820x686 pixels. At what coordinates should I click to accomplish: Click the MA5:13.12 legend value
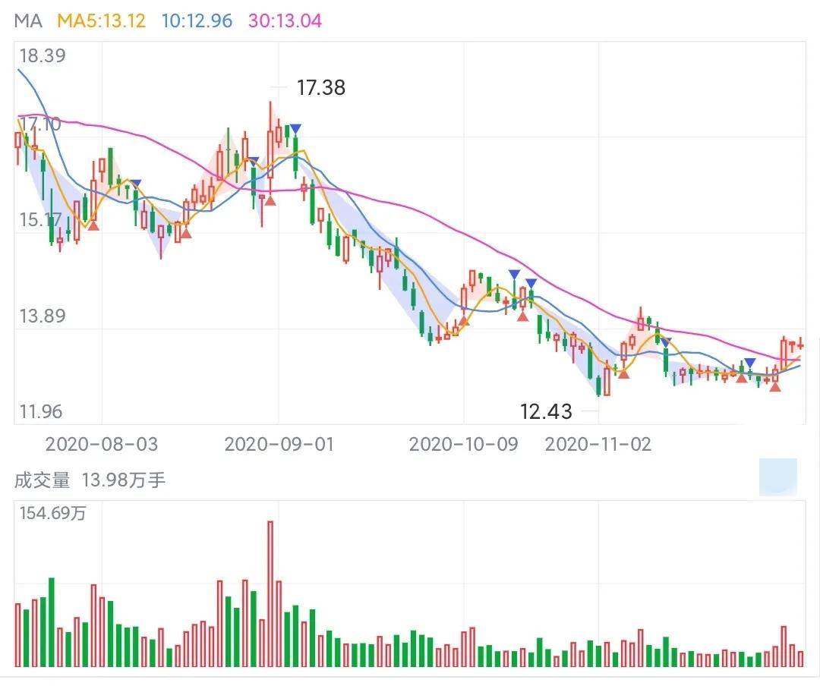(101, 21)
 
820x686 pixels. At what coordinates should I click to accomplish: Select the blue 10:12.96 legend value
(197, 21)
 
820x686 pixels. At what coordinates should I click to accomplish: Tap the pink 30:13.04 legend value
(285, 21)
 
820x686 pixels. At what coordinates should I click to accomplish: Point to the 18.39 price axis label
(43, 55)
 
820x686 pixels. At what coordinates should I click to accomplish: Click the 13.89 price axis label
(43, 316)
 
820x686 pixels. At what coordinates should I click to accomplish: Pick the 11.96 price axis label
(41, 411)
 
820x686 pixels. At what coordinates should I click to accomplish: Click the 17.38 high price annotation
(321, 87)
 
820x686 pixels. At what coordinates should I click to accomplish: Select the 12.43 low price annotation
(546, 411)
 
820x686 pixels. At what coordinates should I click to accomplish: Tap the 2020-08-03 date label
(102, 444)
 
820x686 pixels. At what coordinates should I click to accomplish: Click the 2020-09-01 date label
(279, 444)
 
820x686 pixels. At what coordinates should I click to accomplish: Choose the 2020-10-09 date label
(463, 444)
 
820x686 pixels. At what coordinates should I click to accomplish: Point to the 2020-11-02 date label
(598, 444)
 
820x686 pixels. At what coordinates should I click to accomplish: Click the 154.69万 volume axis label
(52, 513)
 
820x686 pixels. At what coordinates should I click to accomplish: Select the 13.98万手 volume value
(124, 480)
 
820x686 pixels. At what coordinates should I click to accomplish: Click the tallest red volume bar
(270, 593)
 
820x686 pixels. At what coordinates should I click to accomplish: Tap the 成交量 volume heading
(42, 480)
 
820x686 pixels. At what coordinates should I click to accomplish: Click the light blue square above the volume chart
(778, 477)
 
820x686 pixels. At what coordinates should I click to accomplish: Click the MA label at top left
(28, 21)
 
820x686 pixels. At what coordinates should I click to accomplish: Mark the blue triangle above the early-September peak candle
(295, 129)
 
